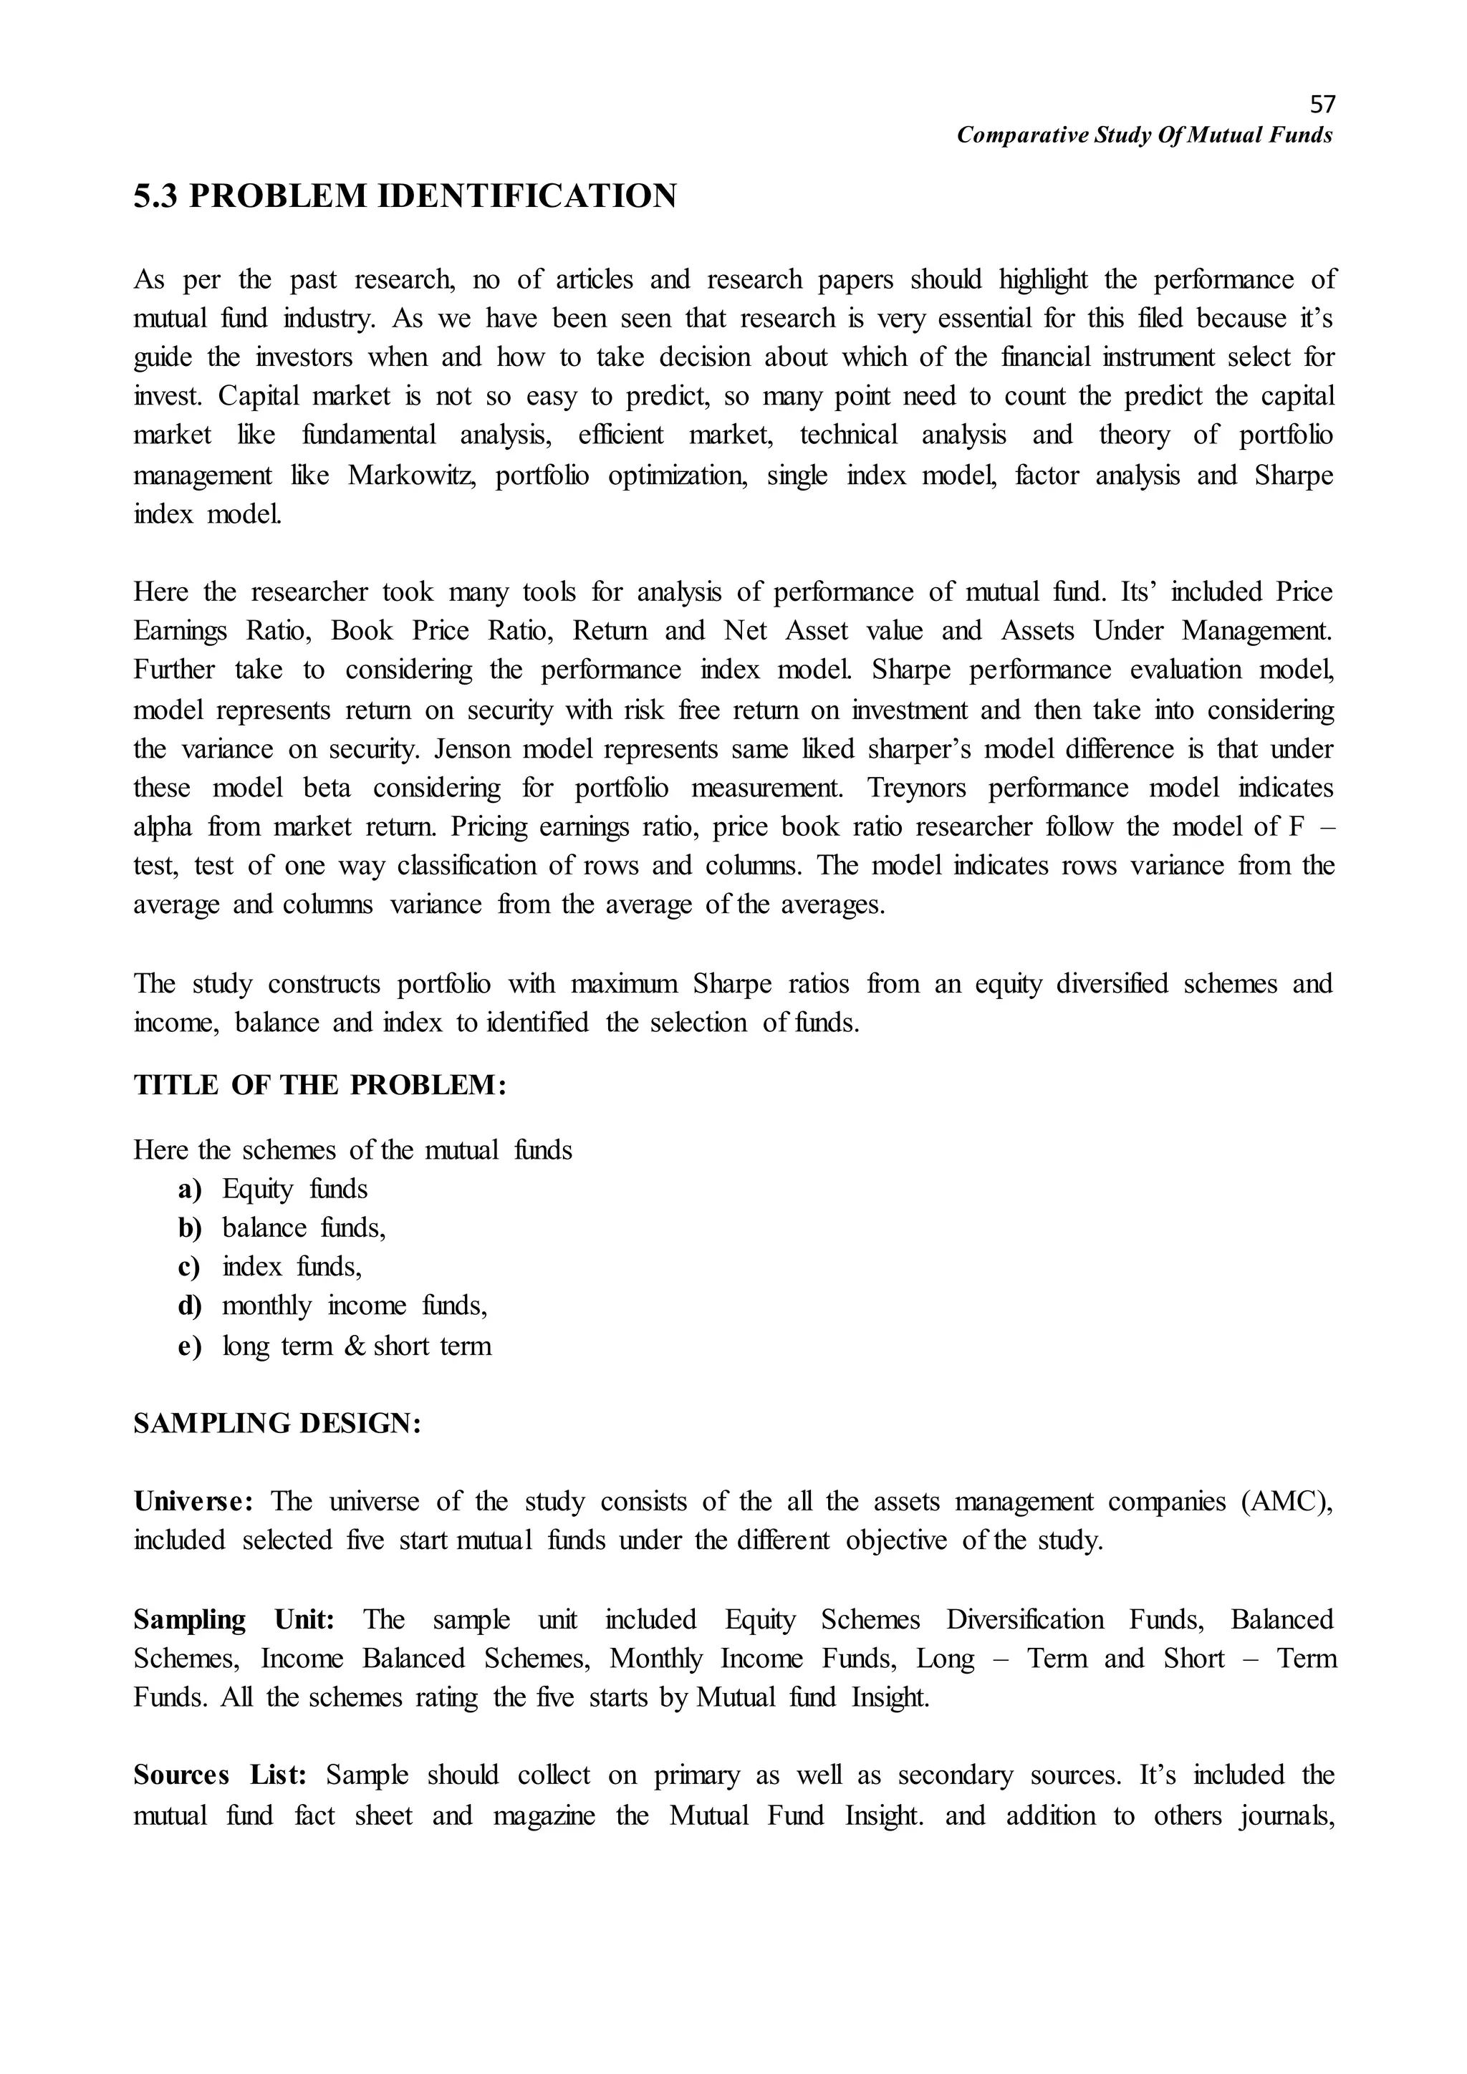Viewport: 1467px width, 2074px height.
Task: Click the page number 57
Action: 1322,104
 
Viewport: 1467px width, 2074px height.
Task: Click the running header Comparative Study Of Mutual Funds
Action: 1145,135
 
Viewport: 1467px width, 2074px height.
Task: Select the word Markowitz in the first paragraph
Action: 411,475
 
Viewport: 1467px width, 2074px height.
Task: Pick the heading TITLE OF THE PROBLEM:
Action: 319,1085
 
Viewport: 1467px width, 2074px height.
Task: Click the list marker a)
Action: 190,1190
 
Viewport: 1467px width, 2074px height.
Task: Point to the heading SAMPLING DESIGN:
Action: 277,1424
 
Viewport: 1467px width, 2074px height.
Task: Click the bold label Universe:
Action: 193,1501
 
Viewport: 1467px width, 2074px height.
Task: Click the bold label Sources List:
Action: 221,1775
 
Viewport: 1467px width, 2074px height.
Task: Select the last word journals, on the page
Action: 1289,1815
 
